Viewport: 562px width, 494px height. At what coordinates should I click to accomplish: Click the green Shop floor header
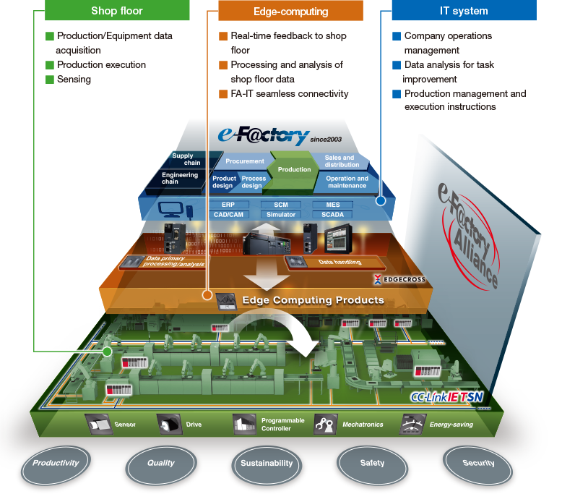[117, 11]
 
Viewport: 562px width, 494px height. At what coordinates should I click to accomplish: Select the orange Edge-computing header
[290, 11]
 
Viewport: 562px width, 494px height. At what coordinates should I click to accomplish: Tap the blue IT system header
[464, 11]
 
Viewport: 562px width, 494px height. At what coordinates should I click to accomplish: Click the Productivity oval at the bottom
[56, 463]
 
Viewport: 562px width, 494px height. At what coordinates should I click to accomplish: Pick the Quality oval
[161, 464]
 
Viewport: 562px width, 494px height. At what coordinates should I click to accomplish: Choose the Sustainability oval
[267, 464]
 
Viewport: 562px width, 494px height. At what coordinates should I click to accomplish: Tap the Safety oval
[372, 463]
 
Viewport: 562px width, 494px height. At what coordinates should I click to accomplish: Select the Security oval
[477, 463]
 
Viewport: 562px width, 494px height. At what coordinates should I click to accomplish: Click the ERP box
[222, 205]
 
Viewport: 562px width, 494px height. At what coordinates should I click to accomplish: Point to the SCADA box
[333, 215]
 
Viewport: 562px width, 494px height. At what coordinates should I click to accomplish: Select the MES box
[333, 205]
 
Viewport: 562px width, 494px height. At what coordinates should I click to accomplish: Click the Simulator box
[281, 215]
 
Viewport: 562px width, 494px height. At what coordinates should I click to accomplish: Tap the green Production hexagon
[295, 169]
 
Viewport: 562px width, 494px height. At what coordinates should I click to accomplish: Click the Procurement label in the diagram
[244, 161]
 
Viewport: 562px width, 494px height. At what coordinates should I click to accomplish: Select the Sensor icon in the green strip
[98, 425]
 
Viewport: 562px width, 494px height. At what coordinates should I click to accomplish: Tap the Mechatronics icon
[325, 425]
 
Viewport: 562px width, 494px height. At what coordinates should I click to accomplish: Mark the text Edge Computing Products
[313, 299]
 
